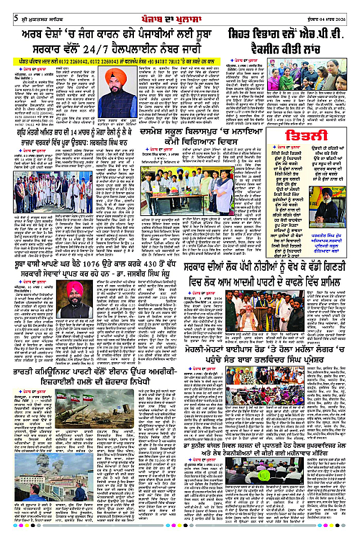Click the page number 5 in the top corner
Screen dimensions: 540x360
(5, 6)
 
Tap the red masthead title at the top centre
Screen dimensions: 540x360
(180, 6)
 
